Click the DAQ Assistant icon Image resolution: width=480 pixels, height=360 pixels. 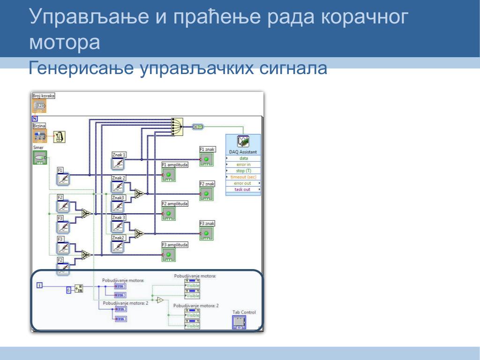pyautogui.click(x=243, y=142)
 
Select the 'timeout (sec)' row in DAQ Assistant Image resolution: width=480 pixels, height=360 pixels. pyautogui.click(x=243, y=177)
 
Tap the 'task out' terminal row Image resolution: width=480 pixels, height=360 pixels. pyautogui.click(x=242, y=189)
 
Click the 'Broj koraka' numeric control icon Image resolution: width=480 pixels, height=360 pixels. pyautogui.click(x=39, y=106)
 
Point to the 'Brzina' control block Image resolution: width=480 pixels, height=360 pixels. pyautogui.click(x=40, y=136)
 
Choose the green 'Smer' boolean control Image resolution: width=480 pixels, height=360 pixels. pyautogui.click(x=40, y=157)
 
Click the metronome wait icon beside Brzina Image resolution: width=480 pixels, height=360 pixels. pyautogui.click(x=60, y=137)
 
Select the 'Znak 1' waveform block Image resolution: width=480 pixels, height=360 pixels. pyautogui.click(x=119, y=163)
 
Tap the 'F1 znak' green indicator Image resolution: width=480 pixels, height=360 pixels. pyautogui.click(x=206, y=159)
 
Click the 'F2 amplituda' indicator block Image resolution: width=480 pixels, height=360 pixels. pyautogui.click(x=169, y=214)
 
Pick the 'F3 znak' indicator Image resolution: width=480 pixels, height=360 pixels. pyautogui.click(x=206, y=233)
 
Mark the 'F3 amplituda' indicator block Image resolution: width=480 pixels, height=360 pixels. pyautogui.click(x=169, y=255)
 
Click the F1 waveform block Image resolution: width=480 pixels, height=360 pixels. pyautogui.click(x=63, y=179)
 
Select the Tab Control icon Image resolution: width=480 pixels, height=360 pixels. pyautogui.click(x=239, y=322)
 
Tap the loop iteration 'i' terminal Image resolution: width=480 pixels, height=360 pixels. pyautogui.click(x=40, y=285)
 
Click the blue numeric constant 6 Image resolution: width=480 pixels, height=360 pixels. pyautogui.click(x=68, y=289)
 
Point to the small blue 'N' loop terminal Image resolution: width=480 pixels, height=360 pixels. pyautogui.click(x=35, y=119)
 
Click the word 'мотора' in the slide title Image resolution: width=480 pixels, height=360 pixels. pyautogui.click(x=65, y=42)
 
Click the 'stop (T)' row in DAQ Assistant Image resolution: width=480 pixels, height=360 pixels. pyautogui.click(x=243, y=171)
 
